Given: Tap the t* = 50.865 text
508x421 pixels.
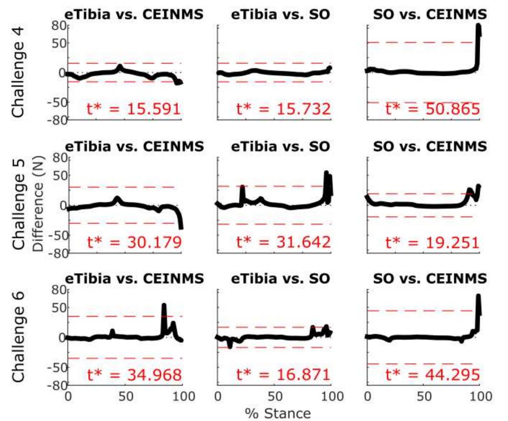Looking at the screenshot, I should [x=433, y=110].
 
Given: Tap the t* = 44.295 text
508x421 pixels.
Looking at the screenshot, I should [x=433, y=375].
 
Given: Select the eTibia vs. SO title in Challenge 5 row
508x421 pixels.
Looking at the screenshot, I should [x=280, y=147].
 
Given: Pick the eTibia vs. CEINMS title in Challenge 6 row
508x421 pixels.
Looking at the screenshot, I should [x=130, y=279].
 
